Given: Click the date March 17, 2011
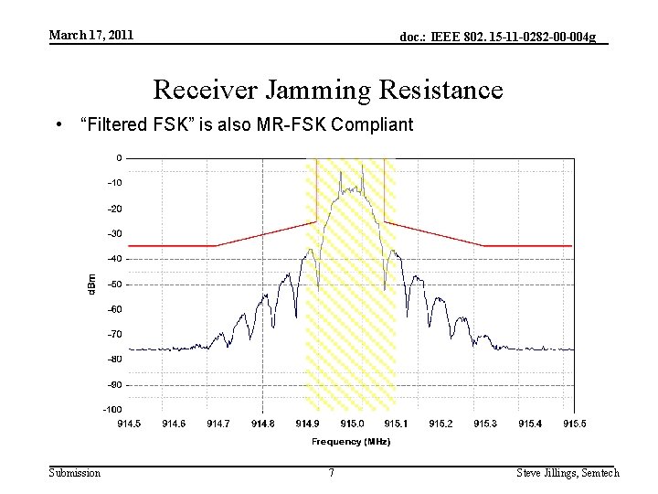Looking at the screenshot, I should point(90,35).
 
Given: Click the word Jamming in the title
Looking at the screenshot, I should point(313,90).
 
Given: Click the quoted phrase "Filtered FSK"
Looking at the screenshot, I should point(133,123).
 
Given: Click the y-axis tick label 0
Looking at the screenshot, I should point(119,157).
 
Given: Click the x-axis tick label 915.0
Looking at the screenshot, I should point(352,424).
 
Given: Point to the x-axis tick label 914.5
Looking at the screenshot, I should point(129,424).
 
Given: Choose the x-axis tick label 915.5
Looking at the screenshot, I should point(575,424).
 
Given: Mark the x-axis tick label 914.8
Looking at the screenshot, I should point(263,424).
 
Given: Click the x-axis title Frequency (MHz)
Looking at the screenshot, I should point(351,442).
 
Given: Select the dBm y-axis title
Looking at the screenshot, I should point(90,283).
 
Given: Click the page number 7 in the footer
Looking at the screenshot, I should point(331,473).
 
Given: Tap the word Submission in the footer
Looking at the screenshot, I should point(75,473).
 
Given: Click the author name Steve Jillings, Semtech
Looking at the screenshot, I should point(568,473).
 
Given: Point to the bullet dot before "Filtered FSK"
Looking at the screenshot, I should point(58,124).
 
